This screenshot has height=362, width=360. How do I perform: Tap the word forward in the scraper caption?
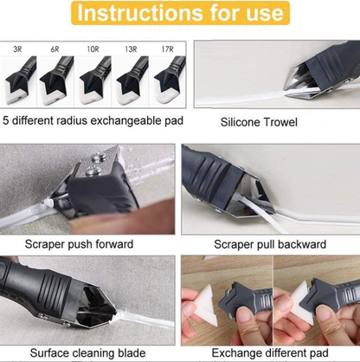coord(129,244)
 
